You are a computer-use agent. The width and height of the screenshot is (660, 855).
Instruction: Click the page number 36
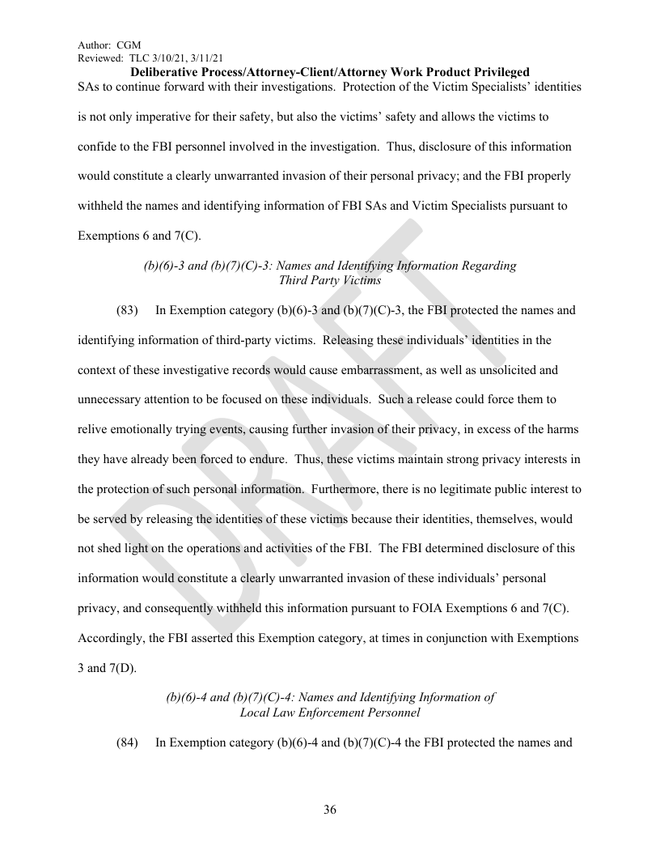click(x=330, y=810)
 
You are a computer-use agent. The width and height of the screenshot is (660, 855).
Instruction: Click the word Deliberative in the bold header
click(x=165, y=72)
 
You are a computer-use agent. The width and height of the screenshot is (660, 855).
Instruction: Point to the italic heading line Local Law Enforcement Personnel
click(x=329, y=712)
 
